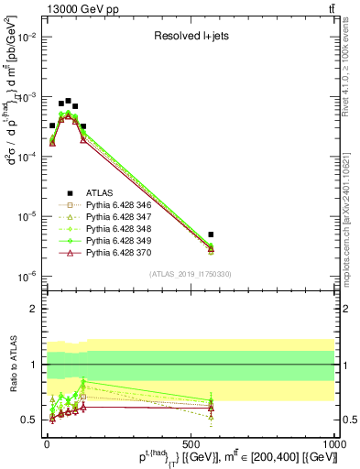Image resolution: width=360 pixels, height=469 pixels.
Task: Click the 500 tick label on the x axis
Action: click(x=191, y=442)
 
